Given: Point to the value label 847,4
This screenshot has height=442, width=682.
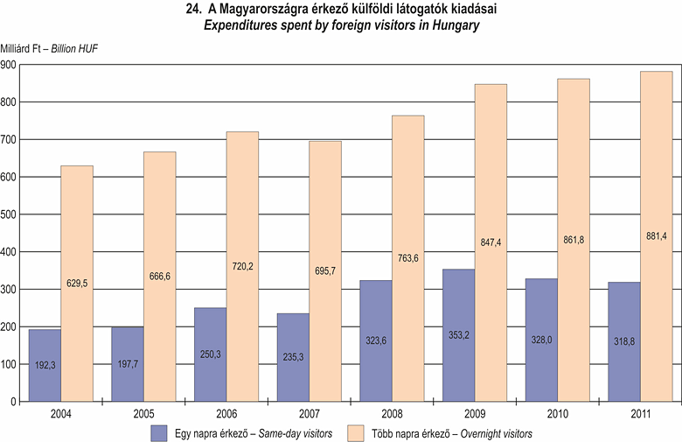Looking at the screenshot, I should [491, 241].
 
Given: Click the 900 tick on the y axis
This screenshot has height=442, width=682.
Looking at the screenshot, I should [10, 65].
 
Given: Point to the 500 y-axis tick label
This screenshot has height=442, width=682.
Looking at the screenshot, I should [10, 214].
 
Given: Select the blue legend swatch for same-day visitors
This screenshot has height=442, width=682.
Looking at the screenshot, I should [159, 432].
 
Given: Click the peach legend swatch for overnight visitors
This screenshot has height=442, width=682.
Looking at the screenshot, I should [356, 432].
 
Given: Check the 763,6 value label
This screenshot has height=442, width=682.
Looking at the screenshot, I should [408, 259].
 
